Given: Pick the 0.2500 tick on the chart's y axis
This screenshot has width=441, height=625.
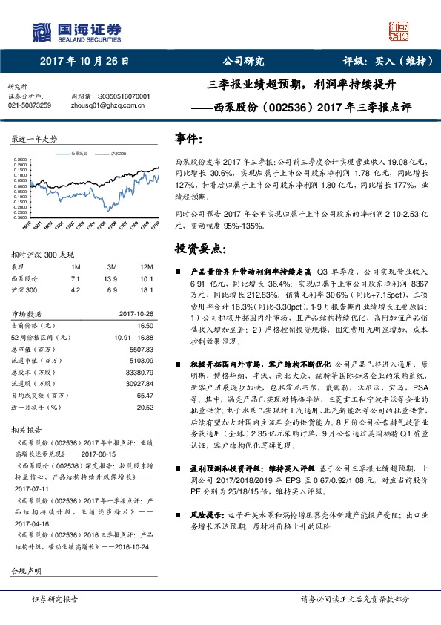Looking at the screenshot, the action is [20, 158].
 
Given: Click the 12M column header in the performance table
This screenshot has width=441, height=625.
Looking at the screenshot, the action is [147, 266].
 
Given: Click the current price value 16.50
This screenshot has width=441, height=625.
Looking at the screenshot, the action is [145, 325].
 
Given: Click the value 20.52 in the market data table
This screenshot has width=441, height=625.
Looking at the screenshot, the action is [145, 407].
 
